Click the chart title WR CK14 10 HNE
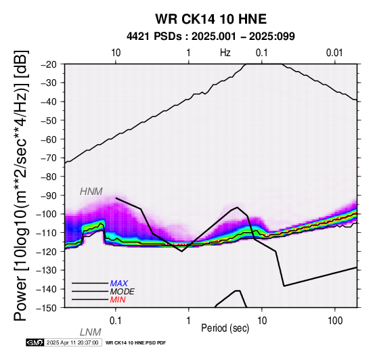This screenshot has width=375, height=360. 211,19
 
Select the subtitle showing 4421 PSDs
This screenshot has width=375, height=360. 211,37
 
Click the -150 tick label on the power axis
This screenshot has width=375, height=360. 49,308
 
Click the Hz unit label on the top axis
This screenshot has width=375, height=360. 225,53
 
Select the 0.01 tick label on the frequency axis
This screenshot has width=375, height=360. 335,53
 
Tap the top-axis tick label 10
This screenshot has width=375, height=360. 116,53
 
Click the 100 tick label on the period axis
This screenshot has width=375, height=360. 335,321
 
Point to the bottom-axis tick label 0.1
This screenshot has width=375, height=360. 116,321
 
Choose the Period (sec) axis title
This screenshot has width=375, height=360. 225,328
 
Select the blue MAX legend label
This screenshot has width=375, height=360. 119,284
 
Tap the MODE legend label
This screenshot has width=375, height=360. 123,292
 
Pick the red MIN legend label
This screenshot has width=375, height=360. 118,300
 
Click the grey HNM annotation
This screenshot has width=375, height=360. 91,192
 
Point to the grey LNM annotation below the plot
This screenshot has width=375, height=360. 91,332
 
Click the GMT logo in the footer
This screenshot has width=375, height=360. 35,342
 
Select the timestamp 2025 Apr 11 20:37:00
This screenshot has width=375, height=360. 72,342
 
